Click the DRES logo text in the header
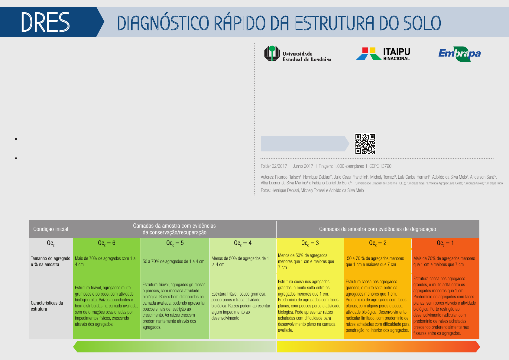tap(45, 22)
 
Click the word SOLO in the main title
tap(422, 23)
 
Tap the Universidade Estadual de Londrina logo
tap(298, 54)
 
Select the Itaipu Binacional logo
tap(383, 54)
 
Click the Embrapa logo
tap(459, 54)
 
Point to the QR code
tap(365, 144)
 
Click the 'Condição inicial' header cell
tap(51, 229)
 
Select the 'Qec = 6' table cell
tap(107, 243)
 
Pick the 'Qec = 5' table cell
tap(175, 243)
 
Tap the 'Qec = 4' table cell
tap(243, 243)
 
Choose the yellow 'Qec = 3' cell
tap(310, 243)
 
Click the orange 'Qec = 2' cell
tap(378, 243)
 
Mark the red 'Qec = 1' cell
tap(446, 243)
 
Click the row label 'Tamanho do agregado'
tap(51, 258)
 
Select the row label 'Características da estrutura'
tap(47, 306)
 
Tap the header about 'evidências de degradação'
tap(378, 229)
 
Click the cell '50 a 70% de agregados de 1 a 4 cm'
tap(173, 261)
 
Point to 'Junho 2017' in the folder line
tap(303, 166)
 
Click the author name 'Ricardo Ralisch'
tap(287, 177)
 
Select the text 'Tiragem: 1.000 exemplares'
tap(341, 166)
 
